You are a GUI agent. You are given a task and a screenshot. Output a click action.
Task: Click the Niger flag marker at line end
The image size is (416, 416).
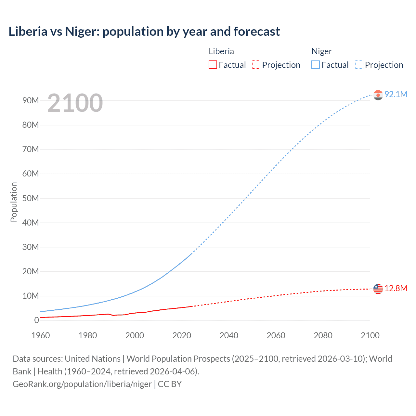(378, 95)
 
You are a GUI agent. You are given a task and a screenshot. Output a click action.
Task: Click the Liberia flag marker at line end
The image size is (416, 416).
(378, 289)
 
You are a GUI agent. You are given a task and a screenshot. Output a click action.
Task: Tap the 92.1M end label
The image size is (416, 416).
(396, 94)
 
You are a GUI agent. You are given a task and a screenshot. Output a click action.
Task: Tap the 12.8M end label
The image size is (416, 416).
(396, 288)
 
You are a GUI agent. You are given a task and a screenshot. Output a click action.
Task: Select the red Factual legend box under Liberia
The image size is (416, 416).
(213, 65)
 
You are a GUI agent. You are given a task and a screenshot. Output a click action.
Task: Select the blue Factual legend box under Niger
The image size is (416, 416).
(315, 65)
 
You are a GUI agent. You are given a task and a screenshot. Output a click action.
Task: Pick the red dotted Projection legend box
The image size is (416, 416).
(256, 65)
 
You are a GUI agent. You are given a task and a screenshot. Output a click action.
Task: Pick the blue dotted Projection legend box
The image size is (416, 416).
(359, 65)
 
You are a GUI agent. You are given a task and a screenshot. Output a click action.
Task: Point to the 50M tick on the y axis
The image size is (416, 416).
(31, 198)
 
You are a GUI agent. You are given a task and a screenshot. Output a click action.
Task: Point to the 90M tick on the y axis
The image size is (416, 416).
(31, 100)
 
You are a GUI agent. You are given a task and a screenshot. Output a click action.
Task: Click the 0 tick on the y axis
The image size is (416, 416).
(36, 320)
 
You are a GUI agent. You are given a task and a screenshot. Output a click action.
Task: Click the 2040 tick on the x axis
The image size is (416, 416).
(229, 335)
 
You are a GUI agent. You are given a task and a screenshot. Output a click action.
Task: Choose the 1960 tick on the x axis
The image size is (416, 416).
(41, 335)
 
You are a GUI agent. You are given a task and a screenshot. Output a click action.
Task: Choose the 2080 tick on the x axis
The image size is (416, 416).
(323, 335)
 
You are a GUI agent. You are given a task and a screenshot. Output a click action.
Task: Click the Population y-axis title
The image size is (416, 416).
(14, 202)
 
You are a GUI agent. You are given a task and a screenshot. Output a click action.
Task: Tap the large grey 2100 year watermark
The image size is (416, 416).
(75, 103)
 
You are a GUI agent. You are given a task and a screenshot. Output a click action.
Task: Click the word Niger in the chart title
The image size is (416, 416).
(82, 32)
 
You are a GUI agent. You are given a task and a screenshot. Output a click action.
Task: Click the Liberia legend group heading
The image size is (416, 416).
(221, 51)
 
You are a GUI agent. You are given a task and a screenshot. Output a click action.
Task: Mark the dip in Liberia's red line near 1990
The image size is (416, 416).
(113, 315)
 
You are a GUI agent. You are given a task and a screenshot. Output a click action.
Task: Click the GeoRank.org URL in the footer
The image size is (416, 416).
(82, 384)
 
